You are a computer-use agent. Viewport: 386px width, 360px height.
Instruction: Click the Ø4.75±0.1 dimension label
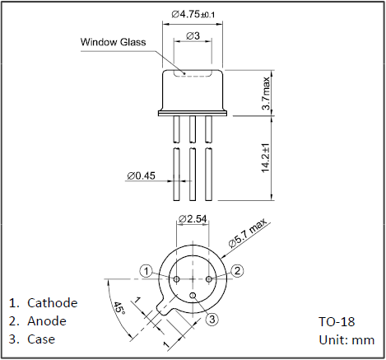(x=193, y=14)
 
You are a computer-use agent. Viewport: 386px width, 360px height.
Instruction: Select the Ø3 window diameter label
(x=193, y=35)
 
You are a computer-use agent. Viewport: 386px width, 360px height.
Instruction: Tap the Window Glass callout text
(x=113, y=42)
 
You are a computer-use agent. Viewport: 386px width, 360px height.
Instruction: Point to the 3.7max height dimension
(x=266, y=93)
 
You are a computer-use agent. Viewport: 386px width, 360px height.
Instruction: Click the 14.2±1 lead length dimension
(x=265, y=158)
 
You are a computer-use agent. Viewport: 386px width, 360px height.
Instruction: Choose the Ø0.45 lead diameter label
(x=141, y=175)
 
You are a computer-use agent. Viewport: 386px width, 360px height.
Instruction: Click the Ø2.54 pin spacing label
(x=193, y=219)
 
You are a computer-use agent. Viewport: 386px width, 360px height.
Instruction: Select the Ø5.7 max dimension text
(x=248, y=233)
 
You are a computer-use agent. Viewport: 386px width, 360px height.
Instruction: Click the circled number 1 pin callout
(x=146, y=272)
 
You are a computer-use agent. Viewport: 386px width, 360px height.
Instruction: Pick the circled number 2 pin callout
(x=237, y=271)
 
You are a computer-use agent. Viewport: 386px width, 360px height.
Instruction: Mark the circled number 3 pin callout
(x=212, y=320)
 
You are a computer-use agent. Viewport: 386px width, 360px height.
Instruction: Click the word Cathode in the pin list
(x=53, y=303)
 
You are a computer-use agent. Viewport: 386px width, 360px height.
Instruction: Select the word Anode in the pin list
(x=47, y=321)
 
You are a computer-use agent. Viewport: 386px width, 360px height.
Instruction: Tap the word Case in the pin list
(x=41, y=339)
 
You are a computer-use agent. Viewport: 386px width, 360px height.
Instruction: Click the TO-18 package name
(x=337, y=321)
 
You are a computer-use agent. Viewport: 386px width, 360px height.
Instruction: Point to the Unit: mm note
(x=346, y=340)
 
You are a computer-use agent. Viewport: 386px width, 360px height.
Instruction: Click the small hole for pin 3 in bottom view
(x=193, y=295)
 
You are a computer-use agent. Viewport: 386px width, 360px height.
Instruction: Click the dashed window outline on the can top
(x=193, y=76)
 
